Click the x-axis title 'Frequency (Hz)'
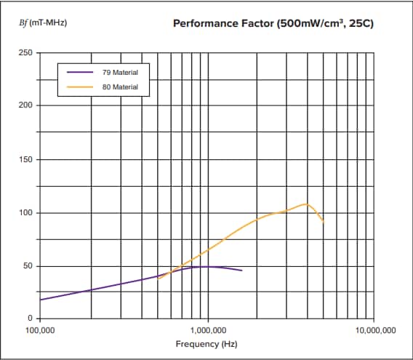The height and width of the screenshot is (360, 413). tap(206, 343)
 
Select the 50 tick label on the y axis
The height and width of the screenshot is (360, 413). tap(26, 266)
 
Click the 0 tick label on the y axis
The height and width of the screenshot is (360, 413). tap(28, 319)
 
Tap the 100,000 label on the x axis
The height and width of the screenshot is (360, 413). tap(39, 329)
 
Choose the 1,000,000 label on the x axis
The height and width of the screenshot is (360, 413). tap(208, 329)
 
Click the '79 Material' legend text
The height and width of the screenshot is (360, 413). tap(120, 73)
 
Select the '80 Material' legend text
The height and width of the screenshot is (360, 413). tap(120, 87)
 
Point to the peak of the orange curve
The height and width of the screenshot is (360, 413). tap(307, 204)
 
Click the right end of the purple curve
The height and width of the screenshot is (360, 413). tap(241, 271)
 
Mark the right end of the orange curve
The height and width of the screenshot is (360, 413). tap(323, 221)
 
